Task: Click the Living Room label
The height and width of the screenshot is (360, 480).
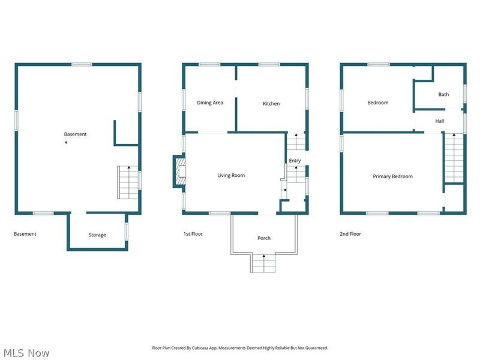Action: (x=231, y=175)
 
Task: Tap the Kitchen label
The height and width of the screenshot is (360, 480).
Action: (x=271, y=103)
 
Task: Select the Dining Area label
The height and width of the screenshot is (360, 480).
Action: (x=210, y=103)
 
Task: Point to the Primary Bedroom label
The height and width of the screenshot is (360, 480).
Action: (x=393, y=176)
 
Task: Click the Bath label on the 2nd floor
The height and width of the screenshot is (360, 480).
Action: (x=443, y=94)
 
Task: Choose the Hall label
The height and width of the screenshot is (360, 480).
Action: (x=440, y=121)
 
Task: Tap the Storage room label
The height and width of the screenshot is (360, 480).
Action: (x=97, y=235)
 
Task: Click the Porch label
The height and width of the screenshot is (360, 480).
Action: (x=264, y=238)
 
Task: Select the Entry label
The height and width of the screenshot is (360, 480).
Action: (x=295, y=160)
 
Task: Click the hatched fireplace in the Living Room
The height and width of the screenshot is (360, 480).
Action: (x=181, y=172)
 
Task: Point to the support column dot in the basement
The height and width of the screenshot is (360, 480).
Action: (x=66, y=142)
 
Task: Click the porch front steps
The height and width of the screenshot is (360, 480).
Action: (x=263, y=263)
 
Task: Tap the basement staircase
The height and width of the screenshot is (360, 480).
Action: (x=128, y=182)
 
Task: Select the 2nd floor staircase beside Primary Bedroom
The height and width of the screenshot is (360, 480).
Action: (x=454, y=158)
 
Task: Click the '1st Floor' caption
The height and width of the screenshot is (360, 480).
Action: (x=193, y=234)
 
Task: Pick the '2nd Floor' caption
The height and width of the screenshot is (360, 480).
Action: (x=350, y=234)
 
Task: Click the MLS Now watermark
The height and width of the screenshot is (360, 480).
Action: (x=26, y=353)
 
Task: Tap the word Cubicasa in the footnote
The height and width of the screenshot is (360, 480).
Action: (x=200, y=348)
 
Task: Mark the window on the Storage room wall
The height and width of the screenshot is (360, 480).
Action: (x=127, y=232)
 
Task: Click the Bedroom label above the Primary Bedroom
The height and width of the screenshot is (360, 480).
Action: (x=378, y=103)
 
